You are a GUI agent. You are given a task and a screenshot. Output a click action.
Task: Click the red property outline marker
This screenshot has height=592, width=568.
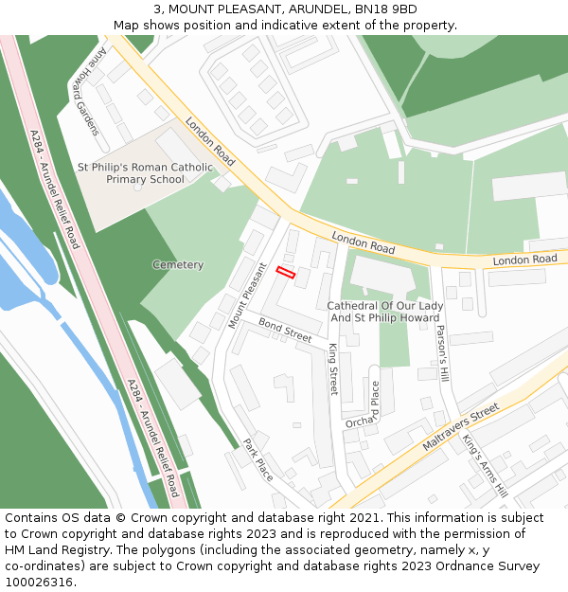286,273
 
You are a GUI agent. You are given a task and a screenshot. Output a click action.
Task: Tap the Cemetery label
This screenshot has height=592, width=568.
178,265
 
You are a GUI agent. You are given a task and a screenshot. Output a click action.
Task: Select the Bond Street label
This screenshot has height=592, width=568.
285,332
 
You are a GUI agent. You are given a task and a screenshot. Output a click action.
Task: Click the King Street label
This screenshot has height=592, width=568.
333,368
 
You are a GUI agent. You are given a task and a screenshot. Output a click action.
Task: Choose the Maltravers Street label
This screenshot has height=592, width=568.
460,426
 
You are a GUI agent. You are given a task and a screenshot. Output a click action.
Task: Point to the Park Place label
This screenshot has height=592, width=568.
258,459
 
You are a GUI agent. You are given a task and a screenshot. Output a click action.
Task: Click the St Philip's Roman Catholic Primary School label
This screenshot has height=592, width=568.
145,173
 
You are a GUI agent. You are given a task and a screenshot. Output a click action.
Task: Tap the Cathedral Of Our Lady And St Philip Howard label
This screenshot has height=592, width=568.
384,312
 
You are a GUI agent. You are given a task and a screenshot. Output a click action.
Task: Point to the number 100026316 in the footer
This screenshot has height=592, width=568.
39,583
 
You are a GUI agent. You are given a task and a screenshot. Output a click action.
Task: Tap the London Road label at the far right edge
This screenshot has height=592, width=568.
524,260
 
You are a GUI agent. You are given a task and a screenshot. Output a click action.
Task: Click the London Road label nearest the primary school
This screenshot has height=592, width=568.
210,142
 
